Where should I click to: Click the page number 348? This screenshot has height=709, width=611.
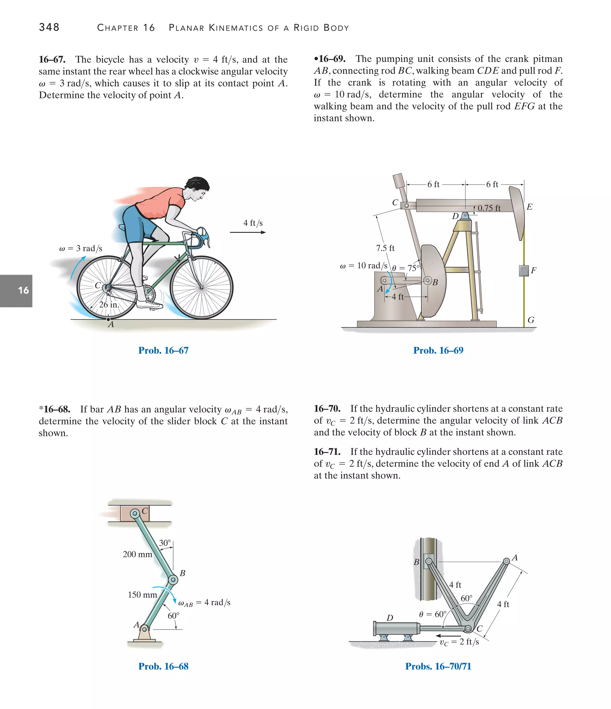pos(49,27)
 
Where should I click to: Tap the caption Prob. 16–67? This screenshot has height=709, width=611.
pos(163,350)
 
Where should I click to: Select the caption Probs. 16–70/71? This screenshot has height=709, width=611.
pos(438,666)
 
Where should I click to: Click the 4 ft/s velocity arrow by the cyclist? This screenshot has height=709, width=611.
pos(248,232)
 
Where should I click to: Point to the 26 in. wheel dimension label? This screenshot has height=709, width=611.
pos(109,305)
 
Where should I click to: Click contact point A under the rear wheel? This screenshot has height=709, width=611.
pos(109,319)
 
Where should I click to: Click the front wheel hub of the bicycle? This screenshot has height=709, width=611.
pos(202,287)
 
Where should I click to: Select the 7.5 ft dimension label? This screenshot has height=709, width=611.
pos(385,248)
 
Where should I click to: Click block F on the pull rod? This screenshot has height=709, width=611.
pos(524,271)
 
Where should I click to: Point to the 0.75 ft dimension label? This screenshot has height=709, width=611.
pos(489,208)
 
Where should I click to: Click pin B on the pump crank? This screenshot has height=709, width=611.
pos(428,281)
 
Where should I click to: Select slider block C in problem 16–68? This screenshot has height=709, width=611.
pos(135,513)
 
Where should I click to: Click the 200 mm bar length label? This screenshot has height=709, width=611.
pos(137,554)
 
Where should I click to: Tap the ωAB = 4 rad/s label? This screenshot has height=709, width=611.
pos(204,603)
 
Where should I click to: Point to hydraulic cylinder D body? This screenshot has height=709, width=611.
pos(397,628)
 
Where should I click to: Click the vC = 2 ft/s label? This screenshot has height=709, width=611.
pos(459,642)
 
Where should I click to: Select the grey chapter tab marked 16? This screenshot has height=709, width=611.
pos(16,291)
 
